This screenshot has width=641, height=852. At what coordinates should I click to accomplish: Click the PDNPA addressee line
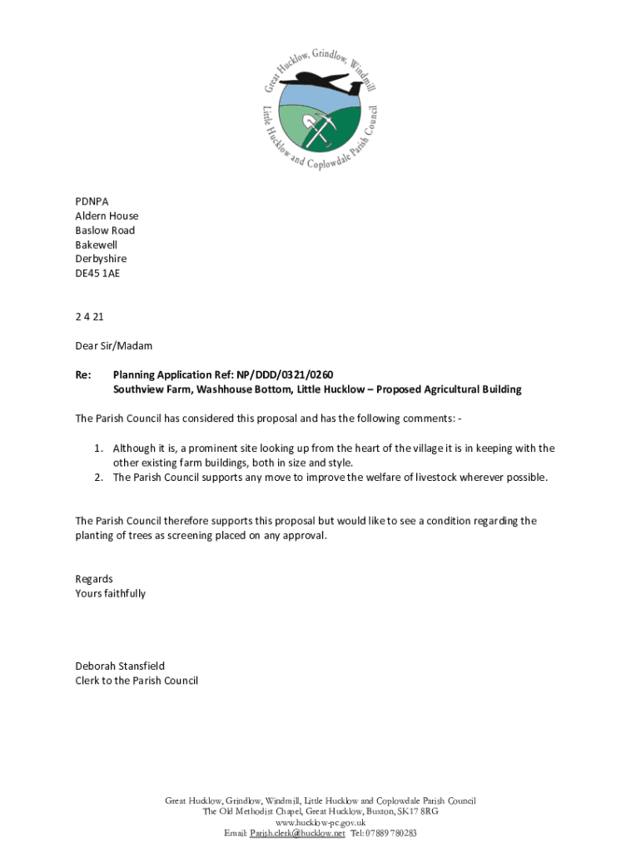(x=92, y=201)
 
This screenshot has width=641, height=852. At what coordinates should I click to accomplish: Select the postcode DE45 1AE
(x=97, y=273)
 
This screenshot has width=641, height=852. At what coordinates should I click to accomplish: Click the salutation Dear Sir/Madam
(x=114, y=345)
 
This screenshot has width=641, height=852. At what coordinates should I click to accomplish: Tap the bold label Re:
(x=83, y=374)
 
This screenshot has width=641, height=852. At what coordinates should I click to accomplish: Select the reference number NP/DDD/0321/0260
(x=286, y=374)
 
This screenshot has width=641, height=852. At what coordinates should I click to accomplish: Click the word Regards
(x=94, y=579)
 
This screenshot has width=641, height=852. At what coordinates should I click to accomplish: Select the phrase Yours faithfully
(x=111, y=593)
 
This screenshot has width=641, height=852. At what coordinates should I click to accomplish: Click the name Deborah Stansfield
(x=120, y=666)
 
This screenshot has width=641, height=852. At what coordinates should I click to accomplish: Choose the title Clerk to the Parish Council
(x=137, y=681)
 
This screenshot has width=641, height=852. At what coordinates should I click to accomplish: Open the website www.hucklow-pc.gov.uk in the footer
(x=320, y=822)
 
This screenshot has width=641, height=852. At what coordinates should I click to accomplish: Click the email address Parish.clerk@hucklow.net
(x=297, y=833)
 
